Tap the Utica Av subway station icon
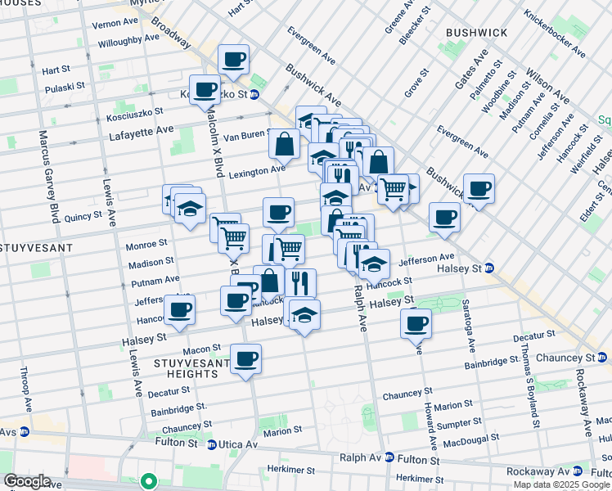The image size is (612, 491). tap(212, 444)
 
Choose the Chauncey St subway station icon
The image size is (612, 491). tap(604, 358)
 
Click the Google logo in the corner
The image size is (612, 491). tap(26, 481)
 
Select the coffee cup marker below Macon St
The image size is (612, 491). tap(245, 358)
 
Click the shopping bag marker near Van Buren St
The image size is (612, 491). tap(284, 144)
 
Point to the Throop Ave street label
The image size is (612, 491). tap(27, 391)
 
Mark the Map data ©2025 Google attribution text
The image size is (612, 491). tap(562, 484)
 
